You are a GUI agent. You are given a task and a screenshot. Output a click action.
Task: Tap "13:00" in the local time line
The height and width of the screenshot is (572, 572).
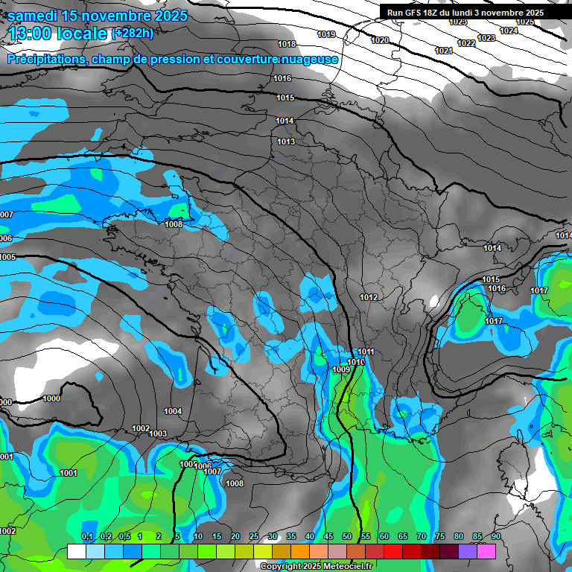[34, 33]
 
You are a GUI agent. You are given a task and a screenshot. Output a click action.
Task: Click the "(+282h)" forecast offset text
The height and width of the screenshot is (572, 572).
[132, 33]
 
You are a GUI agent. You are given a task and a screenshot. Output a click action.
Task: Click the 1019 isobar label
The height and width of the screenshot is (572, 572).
[326, 34]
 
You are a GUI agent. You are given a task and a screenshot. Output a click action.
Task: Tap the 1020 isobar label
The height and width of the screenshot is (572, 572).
[380, 40]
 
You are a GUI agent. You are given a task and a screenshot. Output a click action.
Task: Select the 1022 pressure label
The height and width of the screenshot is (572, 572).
[466, 43]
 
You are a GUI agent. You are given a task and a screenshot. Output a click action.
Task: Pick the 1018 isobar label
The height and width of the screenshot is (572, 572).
[286, 44]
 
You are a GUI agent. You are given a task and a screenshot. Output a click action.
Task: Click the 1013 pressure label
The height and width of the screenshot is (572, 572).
[286, 142]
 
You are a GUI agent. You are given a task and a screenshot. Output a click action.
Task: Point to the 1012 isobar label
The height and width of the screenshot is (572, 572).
[369, 297]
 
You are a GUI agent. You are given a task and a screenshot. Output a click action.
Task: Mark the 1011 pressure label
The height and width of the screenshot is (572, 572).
[366, 352]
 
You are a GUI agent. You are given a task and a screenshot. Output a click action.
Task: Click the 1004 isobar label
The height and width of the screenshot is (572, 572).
[173, 411]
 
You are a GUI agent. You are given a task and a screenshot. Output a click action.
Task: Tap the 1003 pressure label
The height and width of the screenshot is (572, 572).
[158, 433]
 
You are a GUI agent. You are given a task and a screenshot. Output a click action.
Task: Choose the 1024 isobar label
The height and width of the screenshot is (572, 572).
[509, 31]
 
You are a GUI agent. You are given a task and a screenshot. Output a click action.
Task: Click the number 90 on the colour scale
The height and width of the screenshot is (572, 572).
[496, 536]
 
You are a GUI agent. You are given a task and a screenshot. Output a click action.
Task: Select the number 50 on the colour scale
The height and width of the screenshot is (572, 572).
[347, 536]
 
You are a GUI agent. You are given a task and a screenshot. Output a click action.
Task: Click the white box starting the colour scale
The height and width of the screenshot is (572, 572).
[76, 551]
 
